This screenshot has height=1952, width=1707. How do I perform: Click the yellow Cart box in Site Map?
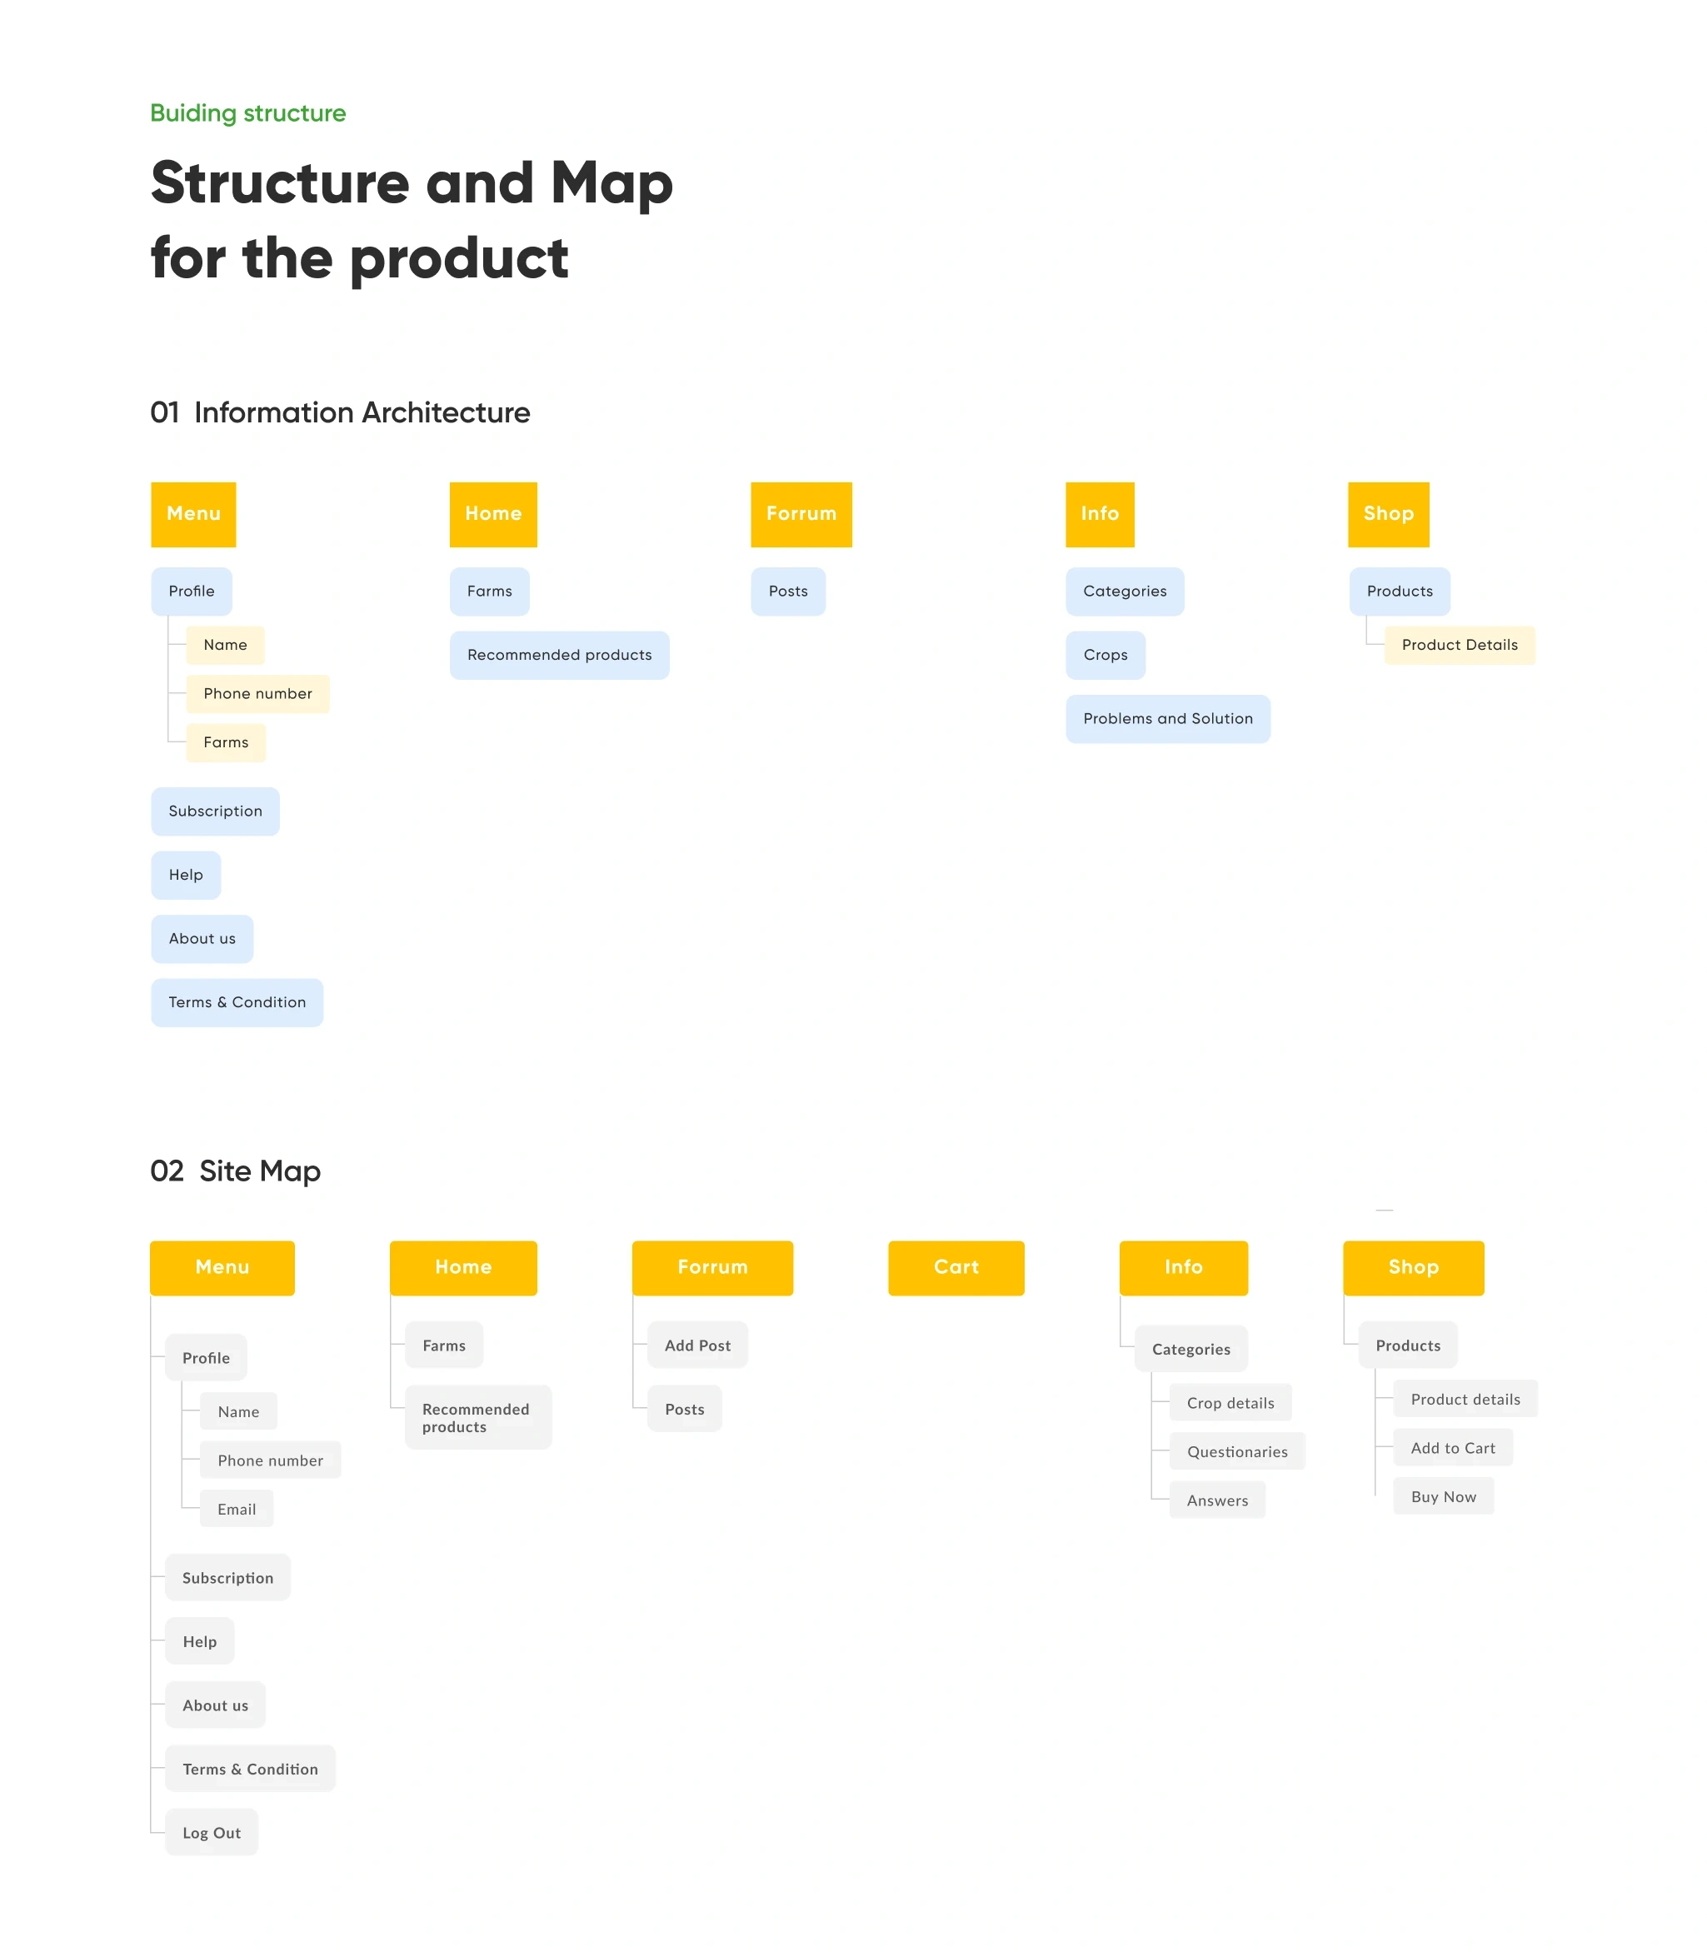click(x=956, y=1267)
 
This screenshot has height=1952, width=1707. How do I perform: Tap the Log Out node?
click(x=212, y=1832)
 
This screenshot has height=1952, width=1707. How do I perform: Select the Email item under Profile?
click(x=237, y=1509)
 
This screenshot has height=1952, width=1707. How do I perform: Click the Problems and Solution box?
click(x=1168, y=718)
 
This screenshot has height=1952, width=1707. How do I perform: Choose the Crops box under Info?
click(x=1105, y=655)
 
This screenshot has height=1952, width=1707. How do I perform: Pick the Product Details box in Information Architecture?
click(x=1460, y=645)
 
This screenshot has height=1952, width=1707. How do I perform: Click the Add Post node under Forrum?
click(x=697, y=1345)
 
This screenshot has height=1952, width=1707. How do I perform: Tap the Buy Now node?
click(x=1443, y=1496)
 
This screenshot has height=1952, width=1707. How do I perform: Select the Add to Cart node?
click(x=1453, y=1448)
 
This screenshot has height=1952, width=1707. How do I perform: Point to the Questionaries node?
click(x=1237, y=1452)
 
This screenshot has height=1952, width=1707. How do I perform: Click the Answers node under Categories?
click(x=1217, y=1500)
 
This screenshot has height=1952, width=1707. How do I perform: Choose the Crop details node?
click(x=1230, y=1403)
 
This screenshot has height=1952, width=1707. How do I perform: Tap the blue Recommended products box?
click(x=559, y=655)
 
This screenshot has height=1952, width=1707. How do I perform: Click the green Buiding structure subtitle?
click(x=247, y=113)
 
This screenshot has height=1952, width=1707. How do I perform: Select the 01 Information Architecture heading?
click(x=340, y=412)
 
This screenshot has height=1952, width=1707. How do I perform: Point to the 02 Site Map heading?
click(x=235, y=1171)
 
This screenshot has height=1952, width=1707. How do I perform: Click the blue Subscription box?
click(x=215, y=811)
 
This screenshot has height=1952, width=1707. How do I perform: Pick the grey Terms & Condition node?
click(x=251, y=1769)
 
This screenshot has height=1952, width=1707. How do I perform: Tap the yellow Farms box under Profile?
click(x=226, y=742)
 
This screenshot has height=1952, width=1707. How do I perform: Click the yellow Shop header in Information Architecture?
click(x=1388, y=514)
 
